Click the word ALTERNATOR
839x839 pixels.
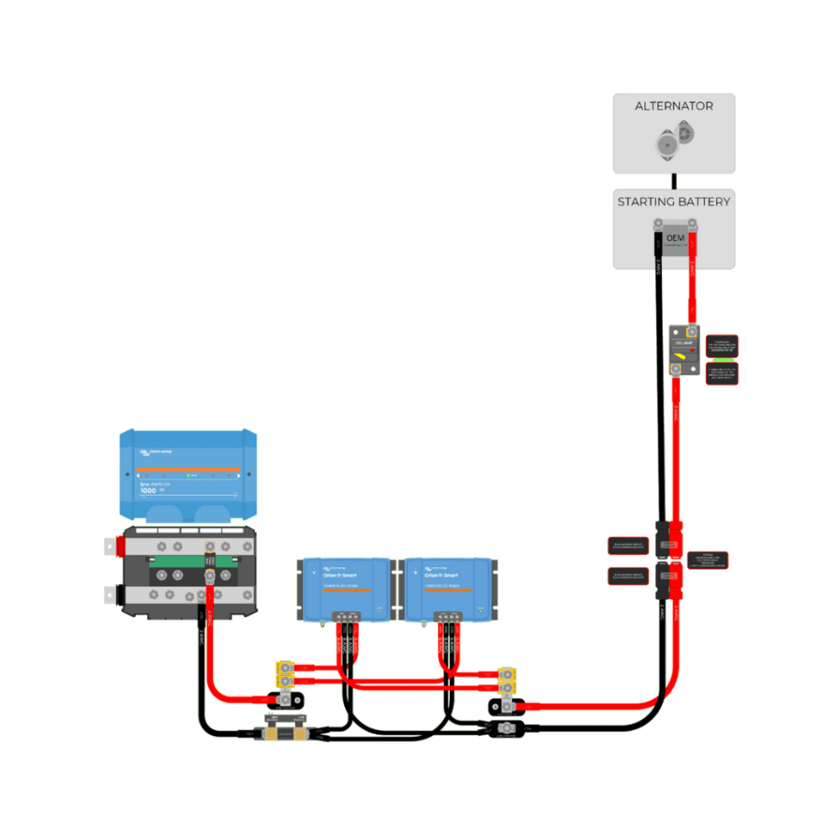point(673,107)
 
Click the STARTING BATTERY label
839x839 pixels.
point(673,202)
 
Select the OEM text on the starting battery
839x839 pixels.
point(674,237)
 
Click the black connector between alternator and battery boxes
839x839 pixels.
point(673,180)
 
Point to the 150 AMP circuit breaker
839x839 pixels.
point(683,350)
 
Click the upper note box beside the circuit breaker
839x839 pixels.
point(722,344)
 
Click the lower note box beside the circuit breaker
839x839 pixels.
point(722,374)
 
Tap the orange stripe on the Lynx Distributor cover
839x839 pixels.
point(188,470)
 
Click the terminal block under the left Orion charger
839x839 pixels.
point(344,617)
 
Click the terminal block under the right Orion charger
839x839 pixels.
point(447,617)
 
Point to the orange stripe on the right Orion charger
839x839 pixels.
point(447,590)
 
